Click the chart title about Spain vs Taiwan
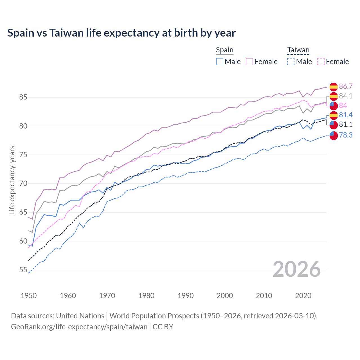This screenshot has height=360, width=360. tap(121, 33)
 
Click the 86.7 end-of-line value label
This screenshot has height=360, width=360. tap(346, 86)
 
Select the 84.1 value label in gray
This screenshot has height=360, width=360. tap(346, 96)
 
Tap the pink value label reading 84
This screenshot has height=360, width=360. tap(343, 105)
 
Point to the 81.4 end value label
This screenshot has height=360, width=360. tap(346, 115)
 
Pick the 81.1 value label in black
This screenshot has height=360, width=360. tap(346, 124)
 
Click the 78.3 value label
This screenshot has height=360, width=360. tap(346, 135)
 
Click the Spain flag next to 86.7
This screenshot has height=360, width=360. tap(334, 87)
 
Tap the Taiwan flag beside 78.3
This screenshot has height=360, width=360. tap(334, 135)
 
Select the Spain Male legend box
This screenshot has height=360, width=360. tap(220, 62)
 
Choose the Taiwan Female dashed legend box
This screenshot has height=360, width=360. tap(321, 62)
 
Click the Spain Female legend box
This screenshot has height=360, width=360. tap(249, 62)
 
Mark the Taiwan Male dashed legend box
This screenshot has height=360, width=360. tap(291, 62)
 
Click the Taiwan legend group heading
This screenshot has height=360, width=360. tap(298, 50)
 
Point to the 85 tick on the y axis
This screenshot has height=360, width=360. tap(23, 97)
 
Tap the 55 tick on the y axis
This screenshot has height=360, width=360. tap(23, 270)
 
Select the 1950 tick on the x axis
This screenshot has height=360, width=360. tap(29, 296)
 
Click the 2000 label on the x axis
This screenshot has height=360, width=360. tap(225, 296)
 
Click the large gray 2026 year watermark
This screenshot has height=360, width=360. tap(296, 269)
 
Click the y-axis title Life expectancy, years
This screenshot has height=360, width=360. tap(12, 180)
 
